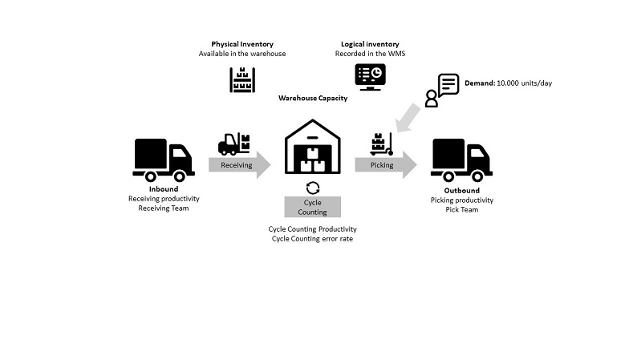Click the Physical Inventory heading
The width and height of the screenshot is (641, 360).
[242, 44]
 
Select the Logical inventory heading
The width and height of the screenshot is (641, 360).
[370, 44]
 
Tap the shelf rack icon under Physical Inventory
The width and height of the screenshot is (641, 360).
[242, 79]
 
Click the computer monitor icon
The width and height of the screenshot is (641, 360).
[370, 77]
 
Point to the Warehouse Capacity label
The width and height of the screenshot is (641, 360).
[313, 98]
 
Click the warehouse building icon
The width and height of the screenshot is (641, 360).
[313, 146]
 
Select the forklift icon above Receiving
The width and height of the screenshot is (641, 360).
[233, 144]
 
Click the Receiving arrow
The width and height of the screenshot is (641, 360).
[240, 165]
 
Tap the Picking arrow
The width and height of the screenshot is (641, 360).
[386, 165]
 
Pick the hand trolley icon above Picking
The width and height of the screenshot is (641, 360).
[381, 144]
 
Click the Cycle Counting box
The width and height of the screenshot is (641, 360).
[313, 207]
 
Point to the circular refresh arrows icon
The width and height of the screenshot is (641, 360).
[313, 188]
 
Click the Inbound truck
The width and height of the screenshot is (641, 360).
[164, 160]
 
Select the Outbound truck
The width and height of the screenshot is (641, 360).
[461, 160]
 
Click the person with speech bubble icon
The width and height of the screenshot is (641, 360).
[442, 91]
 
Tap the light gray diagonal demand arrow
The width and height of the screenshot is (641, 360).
[409, 118]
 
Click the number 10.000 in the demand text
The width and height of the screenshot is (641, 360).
[508, 83]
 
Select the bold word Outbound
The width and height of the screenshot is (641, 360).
[461, 190]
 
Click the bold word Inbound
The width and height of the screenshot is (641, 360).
[164, 189]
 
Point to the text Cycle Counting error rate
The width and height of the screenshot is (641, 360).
[312, 239]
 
